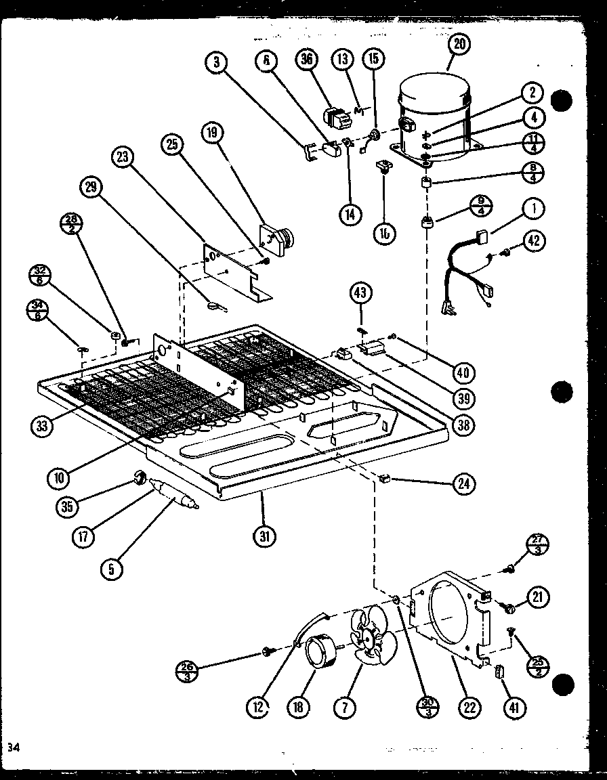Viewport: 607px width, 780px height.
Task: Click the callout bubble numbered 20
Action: click(x=459, y=45)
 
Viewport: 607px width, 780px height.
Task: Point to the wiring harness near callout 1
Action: click(x=467, y=271)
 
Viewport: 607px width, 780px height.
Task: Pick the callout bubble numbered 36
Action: click(x=307, y=60)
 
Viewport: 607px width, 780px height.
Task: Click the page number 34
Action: click(x=13, y=747)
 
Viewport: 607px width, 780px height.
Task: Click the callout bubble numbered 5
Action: click(x=113, y=569)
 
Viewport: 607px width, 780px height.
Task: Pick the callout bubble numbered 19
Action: click(x=212, y=134)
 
